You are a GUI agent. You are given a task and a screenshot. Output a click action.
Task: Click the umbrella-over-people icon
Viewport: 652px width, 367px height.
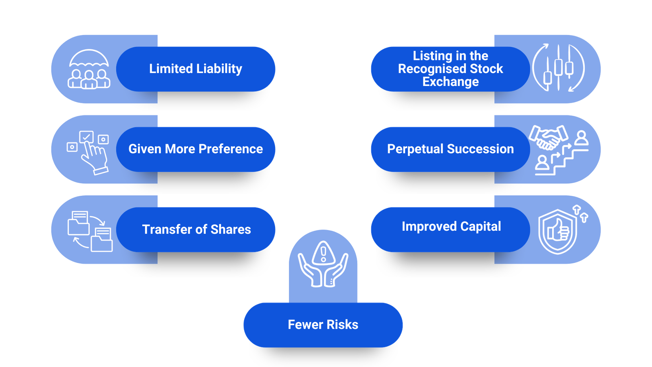tap(89, 69)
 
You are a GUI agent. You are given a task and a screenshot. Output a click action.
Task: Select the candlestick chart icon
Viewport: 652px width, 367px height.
tap(558, 68)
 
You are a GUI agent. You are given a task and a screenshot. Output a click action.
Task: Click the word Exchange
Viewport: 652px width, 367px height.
tap(450, 82)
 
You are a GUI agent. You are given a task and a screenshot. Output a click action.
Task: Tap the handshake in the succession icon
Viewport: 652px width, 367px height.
tap(548, 137)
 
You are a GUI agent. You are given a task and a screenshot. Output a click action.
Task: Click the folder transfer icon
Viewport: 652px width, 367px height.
tap(90, 231)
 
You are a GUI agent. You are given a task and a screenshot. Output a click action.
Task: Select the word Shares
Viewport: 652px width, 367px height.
tap(231, 230)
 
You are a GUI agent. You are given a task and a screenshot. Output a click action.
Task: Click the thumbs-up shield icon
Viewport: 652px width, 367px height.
tap(558, 231)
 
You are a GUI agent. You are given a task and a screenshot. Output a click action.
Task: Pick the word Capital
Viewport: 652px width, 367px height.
tap(480, 226)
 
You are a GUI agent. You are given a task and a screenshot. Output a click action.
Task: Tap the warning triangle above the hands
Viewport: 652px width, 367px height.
tap(323, 253)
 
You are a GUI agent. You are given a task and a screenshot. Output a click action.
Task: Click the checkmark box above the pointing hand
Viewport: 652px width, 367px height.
tap(86, 137)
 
